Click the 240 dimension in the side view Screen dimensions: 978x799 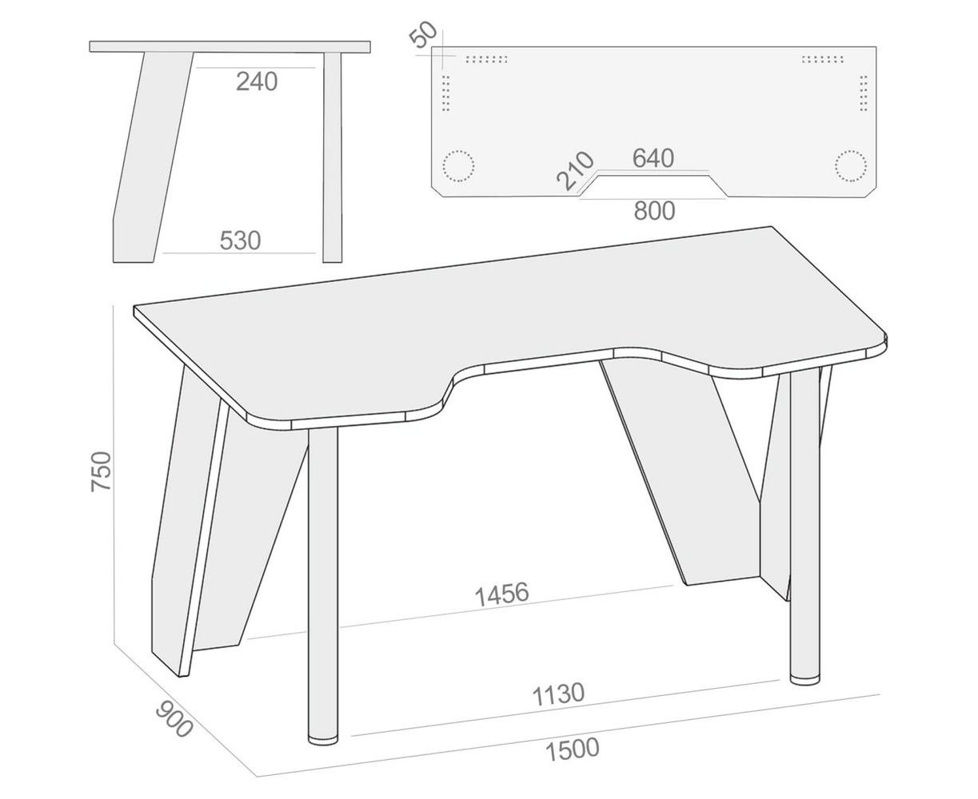257,81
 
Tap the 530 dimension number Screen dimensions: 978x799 240,240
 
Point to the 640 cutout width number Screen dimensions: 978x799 653,158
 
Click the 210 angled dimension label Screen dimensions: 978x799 575,171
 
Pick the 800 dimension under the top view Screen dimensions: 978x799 654,211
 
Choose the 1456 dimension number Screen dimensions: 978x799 501,594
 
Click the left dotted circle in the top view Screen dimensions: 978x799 458,166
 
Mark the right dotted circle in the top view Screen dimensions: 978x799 851,166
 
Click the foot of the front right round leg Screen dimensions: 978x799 804,680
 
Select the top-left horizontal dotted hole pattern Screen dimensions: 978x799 486,59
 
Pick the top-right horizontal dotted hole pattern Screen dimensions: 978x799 823,59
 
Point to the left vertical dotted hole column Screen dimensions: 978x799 445,93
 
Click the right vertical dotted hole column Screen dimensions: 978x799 864,93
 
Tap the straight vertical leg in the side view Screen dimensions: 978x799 333,157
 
